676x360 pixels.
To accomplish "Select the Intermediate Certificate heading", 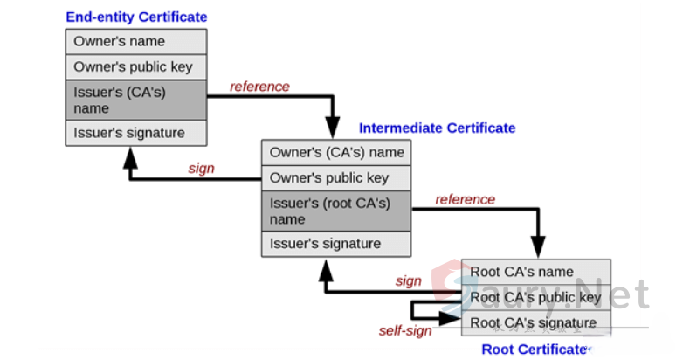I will [x=437, y=128].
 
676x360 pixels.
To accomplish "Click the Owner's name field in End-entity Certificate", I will [x=136, y=41].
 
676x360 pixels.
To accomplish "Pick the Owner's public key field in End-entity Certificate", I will [x=136, y=66].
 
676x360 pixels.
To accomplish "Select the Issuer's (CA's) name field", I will [x=136, y=100].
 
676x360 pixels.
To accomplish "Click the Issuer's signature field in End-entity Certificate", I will [x=136, y=133].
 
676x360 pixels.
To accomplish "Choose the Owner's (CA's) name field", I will [x=336, y=153].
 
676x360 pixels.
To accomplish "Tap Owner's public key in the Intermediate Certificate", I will [x=336, y=178].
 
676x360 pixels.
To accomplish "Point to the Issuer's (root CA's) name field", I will [x=336, y=211].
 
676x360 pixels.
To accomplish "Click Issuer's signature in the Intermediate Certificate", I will [x=336, y=244].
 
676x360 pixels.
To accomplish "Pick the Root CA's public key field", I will [x=535, y=297].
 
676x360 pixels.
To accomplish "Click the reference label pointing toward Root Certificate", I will [x=465, y=199].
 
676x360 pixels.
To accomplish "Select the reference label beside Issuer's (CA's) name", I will [x=259, y=87].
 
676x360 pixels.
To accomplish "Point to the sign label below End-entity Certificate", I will [x=201, y=168].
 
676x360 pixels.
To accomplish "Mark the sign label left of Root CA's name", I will [x=408, y=280].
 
